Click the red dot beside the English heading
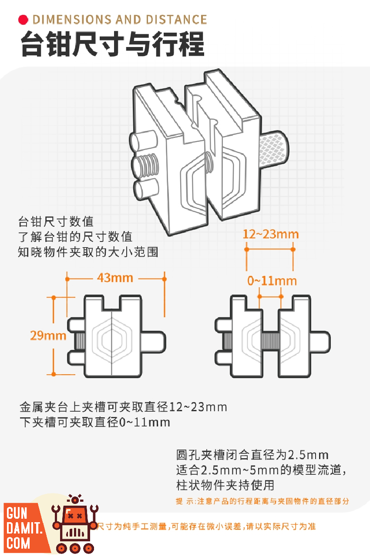click(x=23, y=20)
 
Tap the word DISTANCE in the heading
click(x=177, y=20)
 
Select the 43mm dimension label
click(x=115, y=278)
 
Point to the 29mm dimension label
click(x=48, y=336)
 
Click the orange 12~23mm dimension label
click(x=271, y=234)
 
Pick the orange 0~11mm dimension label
click(x=272, y=281)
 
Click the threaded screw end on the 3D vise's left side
click(x=145, y=164)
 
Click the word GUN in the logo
click(x=17, y=514)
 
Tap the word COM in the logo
click(x=18, y=543)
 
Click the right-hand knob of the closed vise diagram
click(x=153, y=342)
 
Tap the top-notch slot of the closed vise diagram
click(x=111, y=302)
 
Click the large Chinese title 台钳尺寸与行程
click(x=113, y=44)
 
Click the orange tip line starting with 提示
click(x=262, y=501)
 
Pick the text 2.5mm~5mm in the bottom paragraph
click(x=240, y=470)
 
